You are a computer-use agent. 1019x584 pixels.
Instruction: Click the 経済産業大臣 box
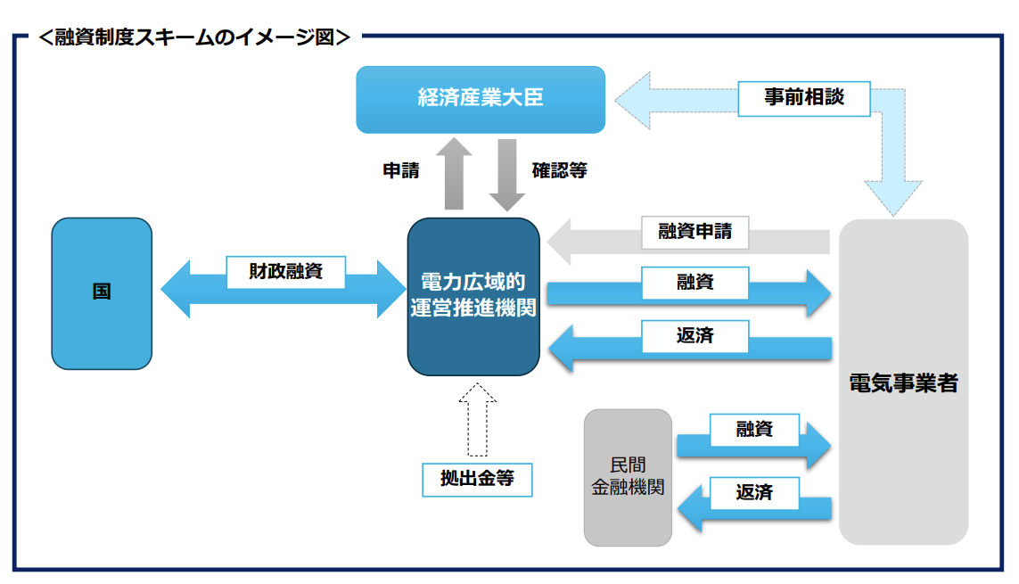pyautogui.click(x=481, y=99)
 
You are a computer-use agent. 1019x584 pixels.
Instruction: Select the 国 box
pyautogui.click(x=102, y=292)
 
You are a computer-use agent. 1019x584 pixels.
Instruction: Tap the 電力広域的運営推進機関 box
pyautogui.click(x=473, y=296)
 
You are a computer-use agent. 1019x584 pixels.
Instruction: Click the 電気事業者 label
pyautogui.click(x=903, y=383)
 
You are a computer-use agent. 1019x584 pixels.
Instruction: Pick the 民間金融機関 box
pyautogui.click(x=628, y=477)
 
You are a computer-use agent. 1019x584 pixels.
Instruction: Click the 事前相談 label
pyautogui.click(x=803, y=98)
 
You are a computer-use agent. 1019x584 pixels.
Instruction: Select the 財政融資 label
pyautogui.click(x=285, y=272)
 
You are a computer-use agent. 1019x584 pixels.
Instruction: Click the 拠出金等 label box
pyautogui.click(x=477, y=479)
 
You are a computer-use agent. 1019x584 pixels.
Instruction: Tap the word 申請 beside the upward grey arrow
pyautogui.click(x=401, y=170)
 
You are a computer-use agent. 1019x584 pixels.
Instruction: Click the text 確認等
pyautogui.click(x=559, y=170)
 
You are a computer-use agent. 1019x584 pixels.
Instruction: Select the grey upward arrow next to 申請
pyautogui.click(x=455, y=174)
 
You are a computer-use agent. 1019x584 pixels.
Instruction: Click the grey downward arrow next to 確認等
pyautogui.click(x=507, y=175)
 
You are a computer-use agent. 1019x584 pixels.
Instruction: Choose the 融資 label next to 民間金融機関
pyautogui.click(x=754, y=429)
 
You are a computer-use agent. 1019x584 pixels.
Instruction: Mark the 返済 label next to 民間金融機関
pyautogui.click(x=754, y=492)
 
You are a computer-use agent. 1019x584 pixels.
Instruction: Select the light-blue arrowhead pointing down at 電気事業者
pyautogui.click(x=894, y=196)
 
